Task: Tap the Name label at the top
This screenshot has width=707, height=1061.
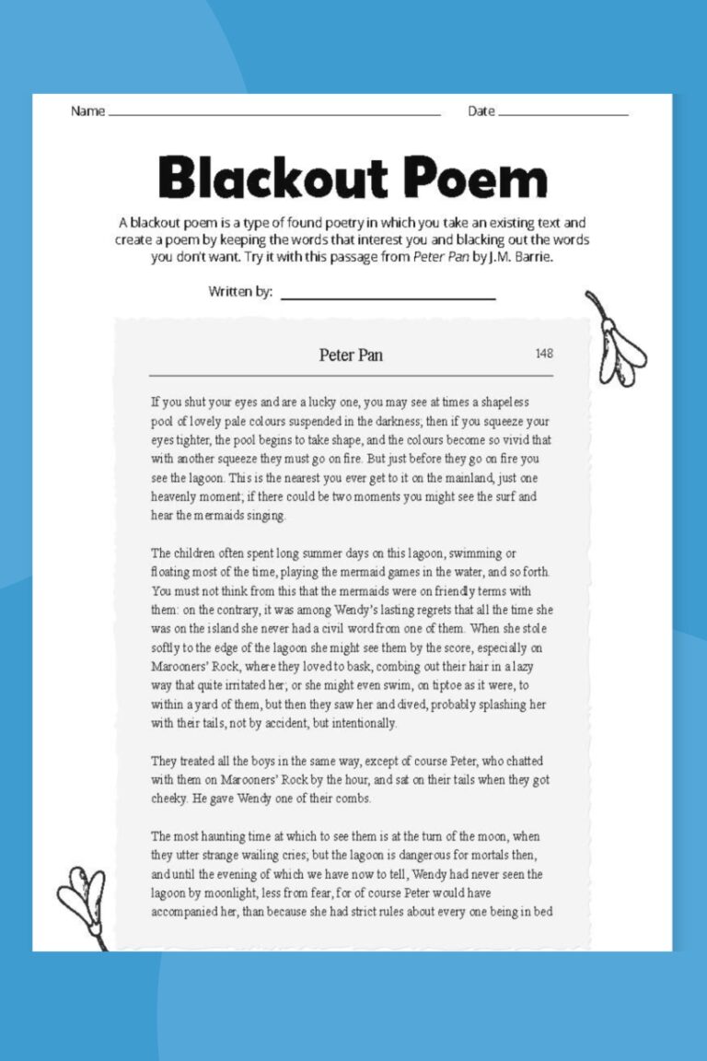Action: point(87,111)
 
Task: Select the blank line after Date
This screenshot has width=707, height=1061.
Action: point(562,114)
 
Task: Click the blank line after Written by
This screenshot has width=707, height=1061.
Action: point(388,297)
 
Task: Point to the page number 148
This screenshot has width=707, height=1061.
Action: point(544,354)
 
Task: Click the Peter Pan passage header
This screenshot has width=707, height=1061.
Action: point(351,355)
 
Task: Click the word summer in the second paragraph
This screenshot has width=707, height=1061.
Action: point(313,554)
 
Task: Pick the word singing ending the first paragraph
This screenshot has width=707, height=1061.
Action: point(263,516)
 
